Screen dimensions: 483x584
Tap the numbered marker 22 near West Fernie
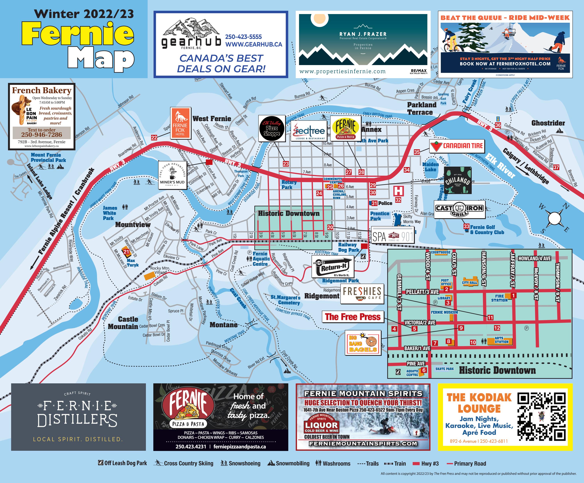[154, 137]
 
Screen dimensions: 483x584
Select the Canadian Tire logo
[457, 146]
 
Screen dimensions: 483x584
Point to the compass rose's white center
[555, 218]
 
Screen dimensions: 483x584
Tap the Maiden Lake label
[430, 167]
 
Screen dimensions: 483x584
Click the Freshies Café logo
[362, 294]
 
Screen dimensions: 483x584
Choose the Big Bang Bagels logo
[363, 343]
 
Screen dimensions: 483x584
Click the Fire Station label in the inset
[499, 298]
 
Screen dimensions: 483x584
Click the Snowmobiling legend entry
[288, 463]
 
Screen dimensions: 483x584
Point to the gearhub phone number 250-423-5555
[243, 37]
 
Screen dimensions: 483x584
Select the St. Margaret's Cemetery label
[285, 300]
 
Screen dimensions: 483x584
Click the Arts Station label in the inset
[501, 340]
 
